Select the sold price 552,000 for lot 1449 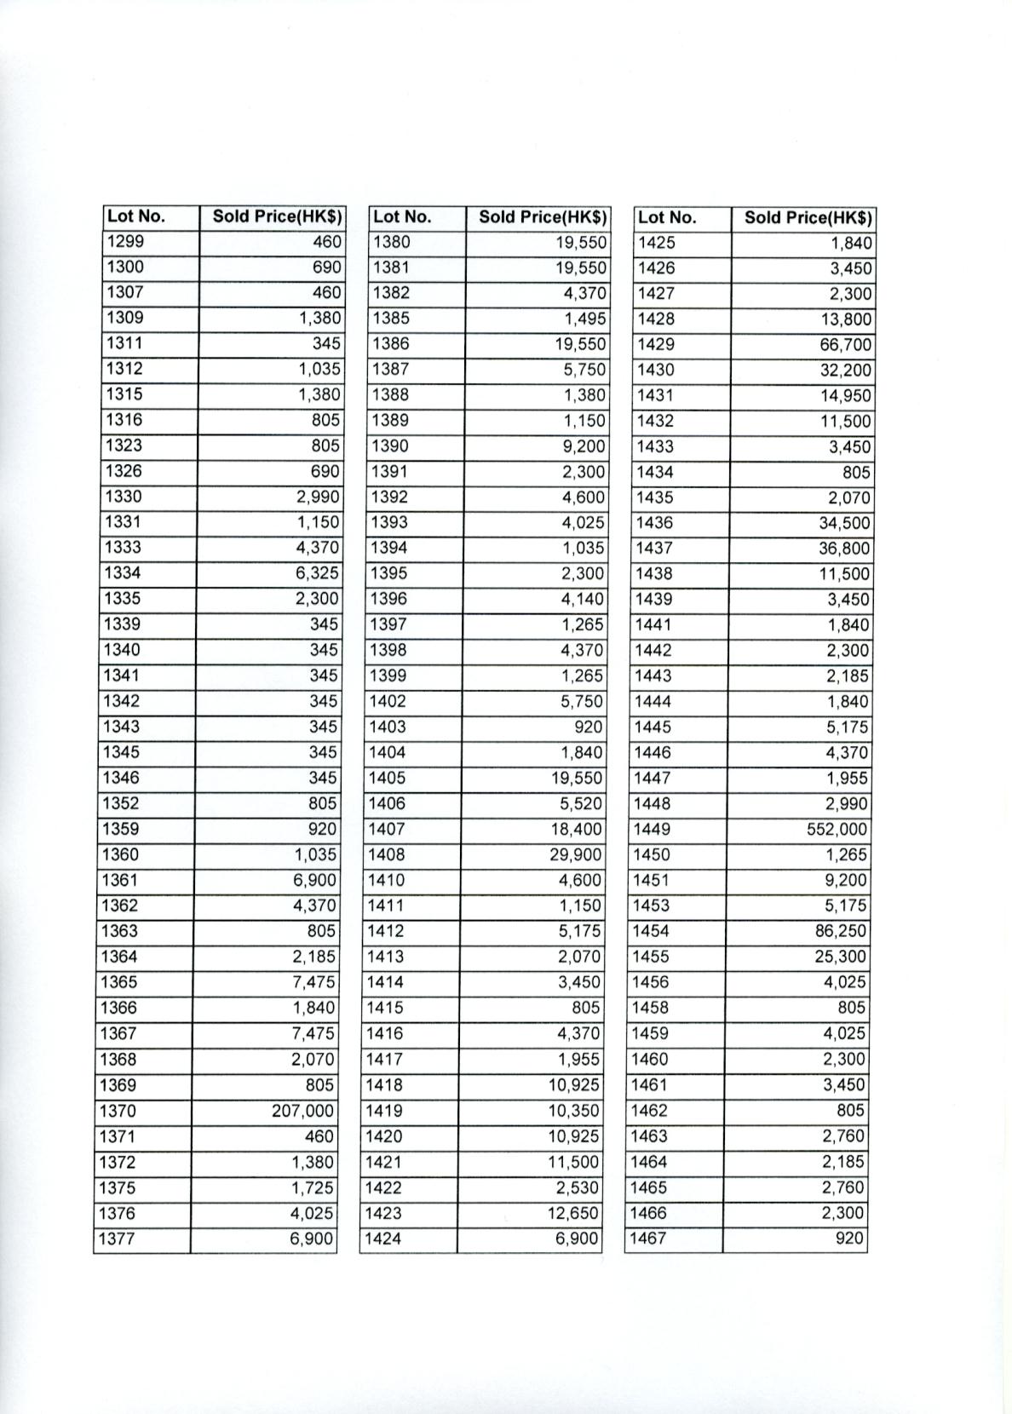pos(837,829)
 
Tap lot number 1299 pos(124,242)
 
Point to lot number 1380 pos(391,242)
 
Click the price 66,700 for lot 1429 pos(845,345)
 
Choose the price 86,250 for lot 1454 pos(841,931)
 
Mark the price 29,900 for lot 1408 pos(575,854)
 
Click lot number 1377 pos(118,1239)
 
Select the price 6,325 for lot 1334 pos(317,573)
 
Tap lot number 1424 pos(382,1239)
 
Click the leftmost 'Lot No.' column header pos(136,216)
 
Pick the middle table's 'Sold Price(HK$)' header pos(542,216)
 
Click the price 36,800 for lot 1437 pos(844,549)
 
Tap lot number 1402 pos(388,701)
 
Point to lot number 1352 pos(120,803)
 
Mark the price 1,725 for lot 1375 pos(313,1187)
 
